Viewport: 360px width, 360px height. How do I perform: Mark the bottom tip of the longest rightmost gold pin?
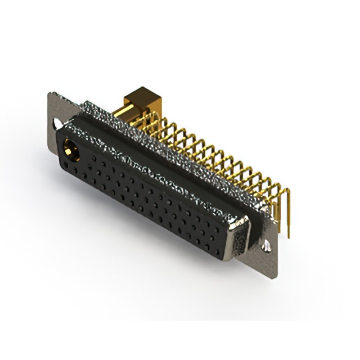point(289,237)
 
